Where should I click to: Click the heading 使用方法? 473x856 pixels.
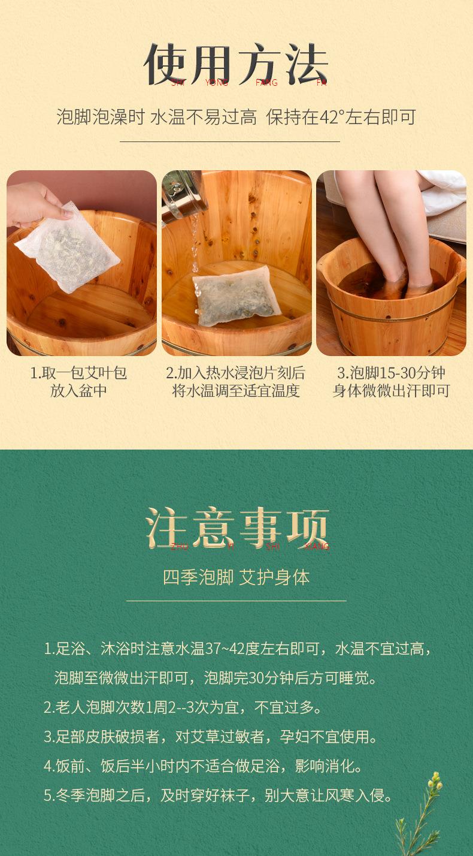coord(236,64)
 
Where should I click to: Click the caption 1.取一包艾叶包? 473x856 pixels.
coord(78,373)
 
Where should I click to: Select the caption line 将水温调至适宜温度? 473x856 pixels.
coord(236,391)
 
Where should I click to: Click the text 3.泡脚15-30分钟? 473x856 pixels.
coord(391,373)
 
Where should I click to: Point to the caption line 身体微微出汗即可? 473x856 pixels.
coord(391,391)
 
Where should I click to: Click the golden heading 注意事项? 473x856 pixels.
coord(237,528)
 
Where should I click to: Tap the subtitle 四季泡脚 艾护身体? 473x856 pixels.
coord(236,577)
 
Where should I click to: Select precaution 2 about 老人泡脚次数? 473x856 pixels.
coord(183,707)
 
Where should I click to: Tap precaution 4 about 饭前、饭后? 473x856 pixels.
coord(203,766)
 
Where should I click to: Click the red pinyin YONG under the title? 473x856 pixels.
coord(216,83)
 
